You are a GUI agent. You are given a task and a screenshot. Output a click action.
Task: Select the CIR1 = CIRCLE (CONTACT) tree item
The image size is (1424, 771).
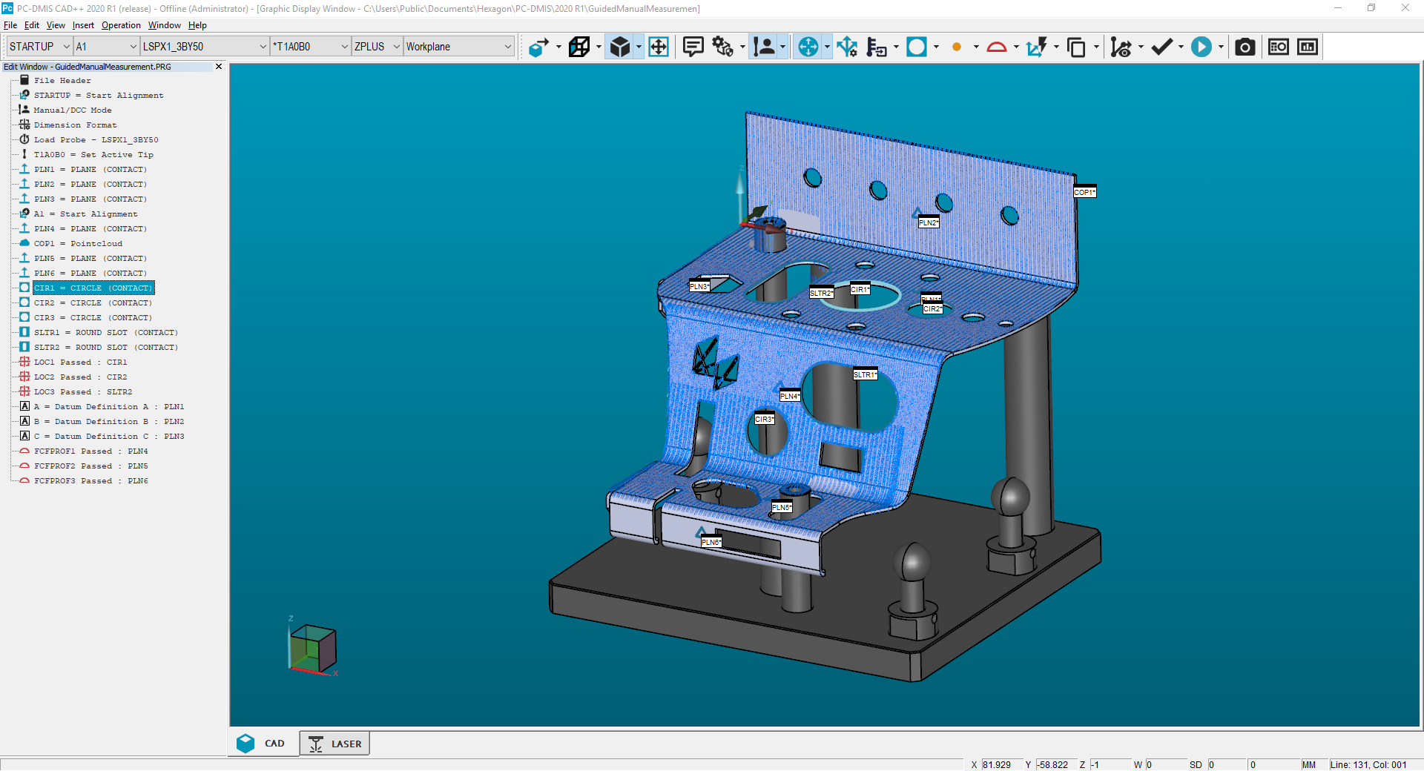(x=93, y=288)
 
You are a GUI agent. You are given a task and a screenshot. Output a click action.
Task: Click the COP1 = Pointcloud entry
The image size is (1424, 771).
(x=78, y=243)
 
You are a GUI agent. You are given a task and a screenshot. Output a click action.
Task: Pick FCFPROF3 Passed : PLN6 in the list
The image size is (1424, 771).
(x=90, y=480)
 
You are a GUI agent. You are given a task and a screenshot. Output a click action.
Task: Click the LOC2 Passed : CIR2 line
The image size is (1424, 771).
(x=80, y=377)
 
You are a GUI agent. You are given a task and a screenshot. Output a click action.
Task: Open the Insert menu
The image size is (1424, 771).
(x=83, y=25)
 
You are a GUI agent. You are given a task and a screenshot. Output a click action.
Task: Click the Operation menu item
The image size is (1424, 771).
(x=121, y=25)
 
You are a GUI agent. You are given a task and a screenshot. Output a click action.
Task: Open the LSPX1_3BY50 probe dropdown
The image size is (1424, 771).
(x=204, y=47)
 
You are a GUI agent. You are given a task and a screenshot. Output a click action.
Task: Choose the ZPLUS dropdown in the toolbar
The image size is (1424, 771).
(x=377, y=47)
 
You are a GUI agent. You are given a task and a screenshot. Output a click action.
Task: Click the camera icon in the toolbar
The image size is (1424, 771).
(x=1245, y=47)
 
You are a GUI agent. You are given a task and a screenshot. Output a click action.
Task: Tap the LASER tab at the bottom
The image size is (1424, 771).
(x=335, y=744)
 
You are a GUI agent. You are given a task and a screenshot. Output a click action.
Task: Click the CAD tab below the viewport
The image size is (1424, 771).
(x=262, y=744)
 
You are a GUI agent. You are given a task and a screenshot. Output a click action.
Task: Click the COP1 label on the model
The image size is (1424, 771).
(x=1084, y=192)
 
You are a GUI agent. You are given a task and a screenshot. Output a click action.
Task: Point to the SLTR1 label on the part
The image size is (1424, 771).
(x=865, y=374)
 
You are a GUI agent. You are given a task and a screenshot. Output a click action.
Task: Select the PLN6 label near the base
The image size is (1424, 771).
(x=711, y=542)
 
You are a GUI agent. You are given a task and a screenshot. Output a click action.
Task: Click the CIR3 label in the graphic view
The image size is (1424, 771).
(x=764, y=419)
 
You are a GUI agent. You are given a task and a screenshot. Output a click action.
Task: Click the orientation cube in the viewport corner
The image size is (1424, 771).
(x=312, y=648)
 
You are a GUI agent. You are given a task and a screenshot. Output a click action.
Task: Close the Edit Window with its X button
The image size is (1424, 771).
(x=219, y=67)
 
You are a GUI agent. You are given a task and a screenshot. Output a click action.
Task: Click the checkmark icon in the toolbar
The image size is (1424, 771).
(x=1161, y=47)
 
